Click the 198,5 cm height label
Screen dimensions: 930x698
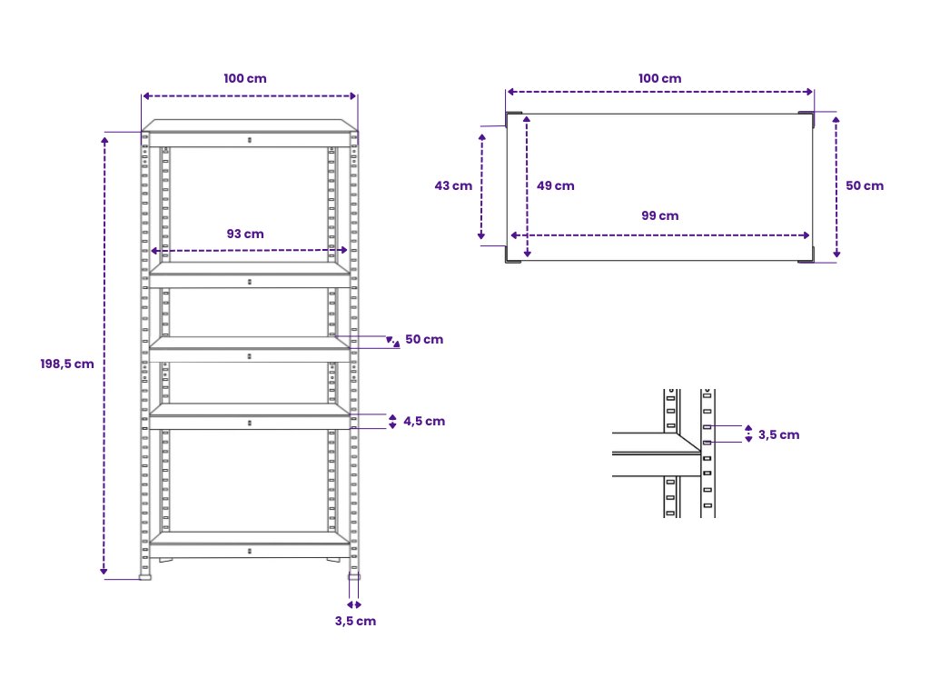(x=67, y=364)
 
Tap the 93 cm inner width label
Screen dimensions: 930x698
(x=245, y=234)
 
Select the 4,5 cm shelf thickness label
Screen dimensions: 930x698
(x=424, y=422)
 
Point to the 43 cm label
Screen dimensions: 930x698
(x=453, y=185)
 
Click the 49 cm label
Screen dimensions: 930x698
(x=555, y=185)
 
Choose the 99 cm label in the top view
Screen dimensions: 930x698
(x=659, y=216)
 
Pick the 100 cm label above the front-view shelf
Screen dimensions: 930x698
(x=245, y=78)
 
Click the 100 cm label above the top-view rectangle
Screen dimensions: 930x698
(x=659, y=78)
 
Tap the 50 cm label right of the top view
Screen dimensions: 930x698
(x=865, y=185)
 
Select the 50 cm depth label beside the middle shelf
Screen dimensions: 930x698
(x=424, y=340)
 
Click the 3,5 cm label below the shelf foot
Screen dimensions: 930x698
(x=355, y=622)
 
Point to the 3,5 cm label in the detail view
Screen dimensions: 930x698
(x=778, y=435)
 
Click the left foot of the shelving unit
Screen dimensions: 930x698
(x=144, y=576)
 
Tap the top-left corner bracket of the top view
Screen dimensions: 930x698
(x=514, y=119)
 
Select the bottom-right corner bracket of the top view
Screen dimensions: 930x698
(x=806, y=254)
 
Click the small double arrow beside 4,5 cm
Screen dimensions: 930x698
(x=392, y=422)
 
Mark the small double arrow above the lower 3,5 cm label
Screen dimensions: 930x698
(x=354, y=604)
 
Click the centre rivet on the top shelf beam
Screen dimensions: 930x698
(x=249, y=140)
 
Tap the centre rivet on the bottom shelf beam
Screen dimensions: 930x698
(x=249, y=552)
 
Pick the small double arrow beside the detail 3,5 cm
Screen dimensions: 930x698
(x=748, y=434)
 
